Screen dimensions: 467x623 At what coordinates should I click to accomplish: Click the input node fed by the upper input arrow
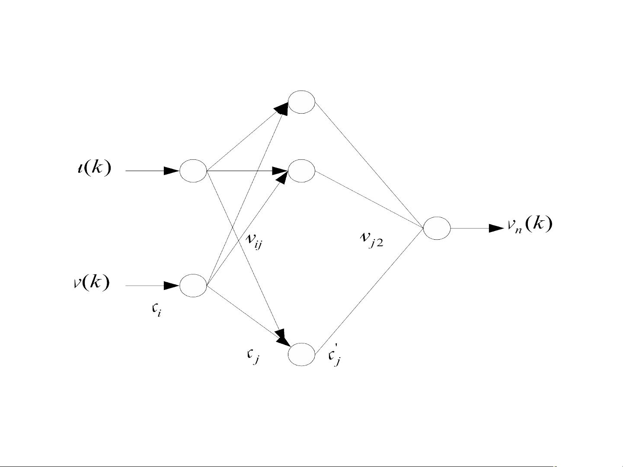point(193,171)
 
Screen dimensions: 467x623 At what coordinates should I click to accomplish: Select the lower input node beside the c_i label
point(193,286)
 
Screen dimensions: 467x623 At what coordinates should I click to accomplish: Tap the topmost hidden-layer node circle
point(301,102)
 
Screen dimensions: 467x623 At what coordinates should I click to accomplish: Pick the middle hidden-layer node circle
point(301,171)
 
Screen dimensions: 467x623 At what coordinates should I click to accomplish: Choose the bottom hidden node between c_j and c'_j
point(301,354)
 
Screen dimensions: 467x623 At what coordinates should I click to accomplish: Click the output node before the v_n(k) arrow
point(437,228)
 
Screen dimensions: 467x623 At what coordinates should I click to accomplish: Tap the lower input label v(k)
point(91,283)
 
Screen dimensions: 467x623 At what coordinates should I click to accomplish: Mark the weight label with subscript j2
point(371,239)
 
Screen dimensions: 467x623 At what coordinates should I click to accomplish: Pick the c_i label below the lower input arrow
point(156,311)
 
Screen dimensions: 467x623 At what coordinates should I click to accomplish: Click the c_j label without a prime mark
point(252,356)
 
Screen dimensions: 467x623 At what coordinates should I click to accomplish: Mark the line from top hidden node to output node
point(370,165)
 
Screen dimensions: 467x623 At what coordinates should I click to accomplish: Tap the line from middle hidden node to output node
point(370,199)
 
